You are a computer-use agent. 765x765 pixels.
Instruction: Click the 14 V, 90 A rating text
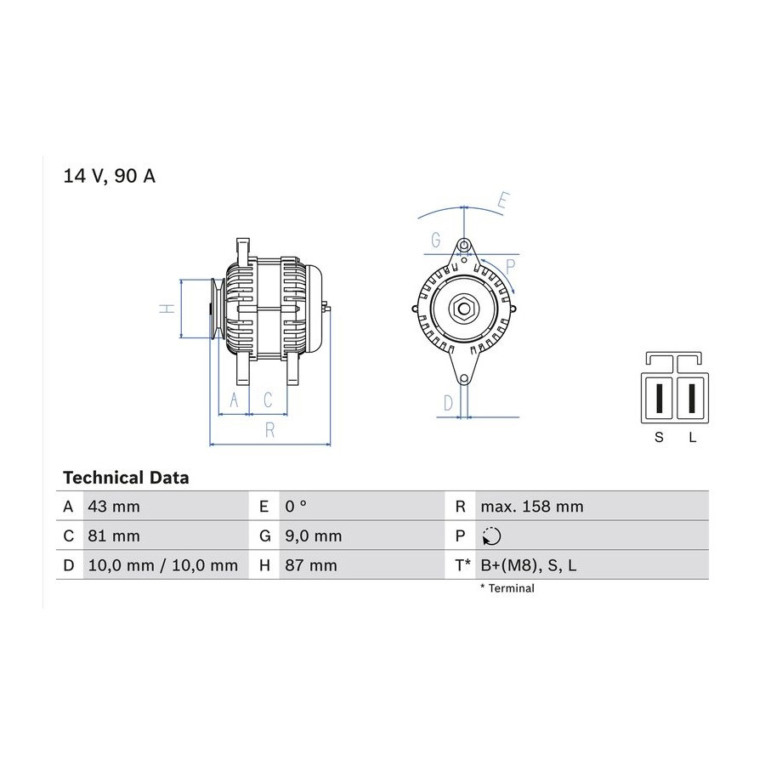[x=110, y=176]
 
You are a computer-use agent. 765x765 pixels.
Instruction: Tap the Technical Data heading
[x=126, y=478]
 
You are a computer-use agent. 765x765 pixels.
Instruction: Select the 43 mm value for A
[x=114, y=507]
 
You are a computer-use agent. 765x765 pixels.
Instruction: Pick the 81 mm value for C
[x=114, y=535]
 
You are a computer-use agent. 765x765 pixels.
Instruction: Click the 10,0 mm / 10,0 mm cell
[x=163, y=565]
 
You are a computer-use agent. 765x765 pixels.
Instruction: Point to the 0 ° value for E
[x=296, y=507]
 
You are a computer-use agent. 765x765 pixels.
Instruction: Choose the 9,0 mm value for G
[x=313, y=536]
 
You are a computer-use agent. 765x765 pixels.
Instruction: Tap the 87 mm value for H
[x=311, y=565]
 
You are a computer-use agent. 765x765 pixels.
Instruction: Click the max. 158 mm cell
[x=532, y=507]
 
